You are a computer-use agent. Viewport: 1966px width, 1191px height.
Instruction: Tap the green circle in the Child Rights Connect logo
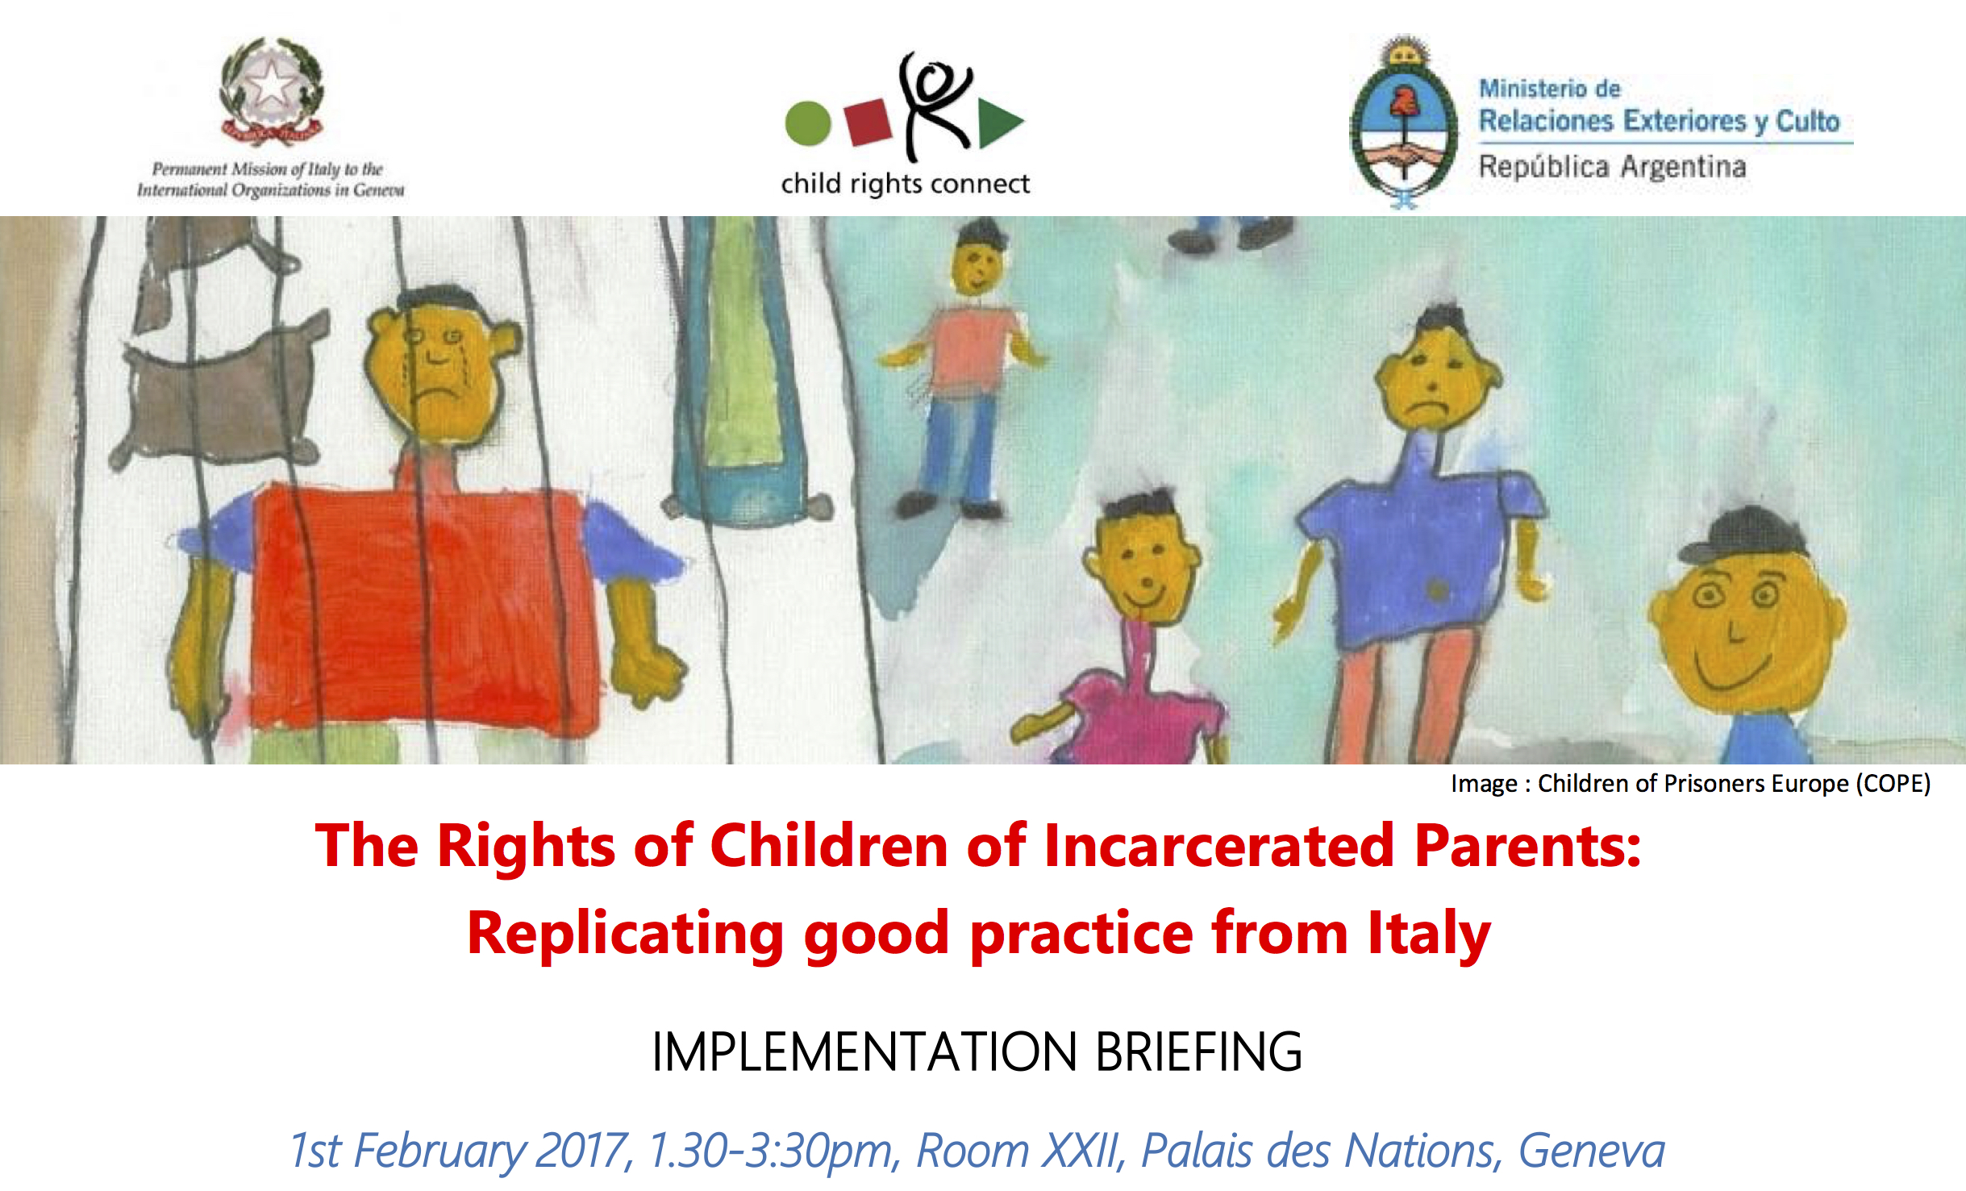click(x=807, y=124)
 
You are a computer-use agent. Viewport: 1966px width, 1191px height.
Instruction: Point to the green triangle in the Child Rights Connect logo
click(x=998, y=123)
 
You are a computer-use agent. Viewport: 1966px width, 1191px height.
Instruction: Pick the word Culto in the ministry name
click(x=1808, y=121)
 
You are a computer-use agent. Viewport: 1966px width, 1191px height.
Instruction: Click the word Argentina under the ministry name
click(x=1683, y=167)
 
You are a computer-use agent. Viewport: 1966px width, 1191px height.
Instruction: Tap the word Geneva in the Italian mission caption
click(x=379, y=190)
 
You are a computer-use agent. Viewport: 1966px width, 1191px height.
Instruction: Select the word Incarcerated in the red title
click(x=1218, y=846)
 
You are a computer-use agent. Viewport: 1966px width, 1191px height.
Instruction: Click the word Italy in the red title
click(x=1429, y=933)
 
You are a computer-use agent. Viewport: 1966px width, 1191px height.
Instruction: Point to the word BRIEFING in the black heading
click(x=1198, y=1052)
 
